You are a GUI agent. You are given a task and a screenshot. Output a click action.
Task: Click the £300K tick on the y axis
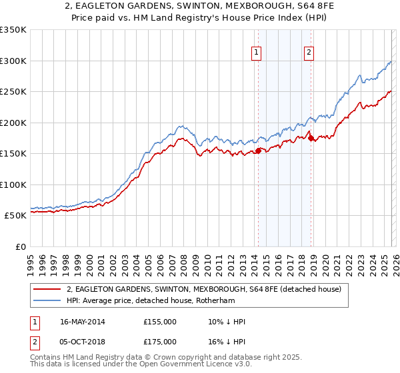click(x=13, y=61)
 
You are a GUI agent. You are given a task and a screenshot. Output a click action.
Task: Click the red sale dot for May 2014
click(x=258, y=151)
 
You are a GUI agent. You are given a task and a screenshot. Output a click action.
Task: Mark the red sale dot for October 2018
click(x=310, y=138)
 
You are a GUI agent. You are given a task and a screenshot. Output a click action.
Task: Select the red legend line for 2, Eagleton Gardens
click(x=47, y=289)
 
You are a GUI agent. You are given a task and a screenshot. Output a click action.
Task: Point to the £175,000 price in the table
click(x=160, y=341)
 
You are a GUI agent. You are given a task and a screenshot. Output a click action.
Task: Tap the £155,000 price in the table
click(x=160, y=322)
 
